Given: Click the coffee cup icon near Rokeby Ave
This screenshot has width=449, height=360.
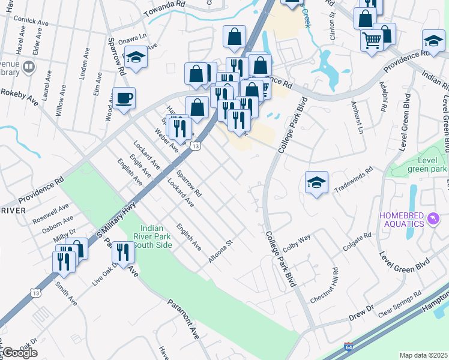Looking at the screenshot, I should pos(124,98).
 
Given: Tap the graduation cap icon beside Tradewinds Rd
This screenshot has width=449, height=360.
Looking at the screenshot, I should pos(316,182).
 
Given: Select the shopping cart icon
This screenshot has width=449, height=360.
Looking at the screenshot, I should pos(372,40).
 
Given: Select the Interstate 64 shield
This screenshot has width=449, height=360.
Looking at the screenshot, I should pos(349,347).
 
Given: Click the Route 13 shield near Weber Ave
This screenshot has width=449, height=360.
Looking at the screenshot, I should pos(194,145).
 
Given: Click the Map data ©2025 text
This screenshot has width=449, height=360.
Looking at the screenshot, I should pos(423,355).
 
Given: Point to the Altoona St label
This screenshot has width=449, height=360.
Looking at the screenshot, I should pos(220,252).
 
